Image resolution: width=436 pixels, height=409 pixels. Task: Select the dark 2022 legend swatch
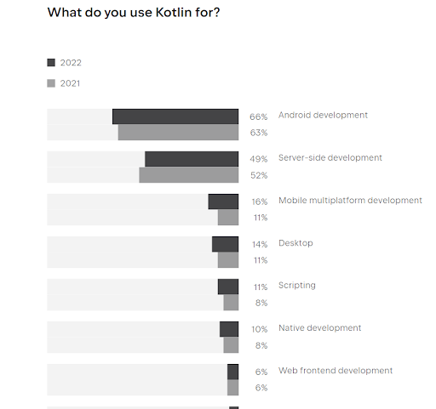[x=51, y=62]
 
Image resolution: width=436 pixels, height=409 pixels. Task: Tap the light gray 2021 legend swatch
[x=51, y=83]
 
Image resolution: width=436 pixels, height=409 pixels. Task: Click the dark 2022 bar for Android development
[x=175, y=116]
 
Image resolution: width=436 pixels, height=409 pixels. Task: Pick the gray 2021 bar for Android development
[x=178, y=133]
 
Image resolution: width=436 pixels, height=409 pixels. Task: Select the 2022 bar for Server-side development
[x=192, y=159]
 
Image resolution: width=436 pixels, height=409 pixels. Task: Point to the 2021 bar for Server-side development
[x=188, y=175]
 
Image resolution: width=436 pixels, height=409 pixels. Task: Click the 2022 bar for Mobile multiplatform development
[x=223, y=202]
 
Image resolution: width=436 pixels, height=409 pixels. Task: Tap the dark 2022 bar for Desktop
[x=225, y=244]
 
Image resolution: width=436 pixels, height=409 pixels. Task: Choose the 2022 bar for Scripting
[x=227, y=287]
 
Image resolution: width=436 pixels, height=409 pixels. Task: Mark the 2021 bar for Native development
[x=231, y=345]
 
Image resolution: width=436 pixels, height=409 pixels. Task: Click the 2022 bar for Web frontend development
[x=232, y=372]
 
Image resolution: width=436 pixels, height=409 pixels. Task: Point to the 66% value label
[x=259, y=116]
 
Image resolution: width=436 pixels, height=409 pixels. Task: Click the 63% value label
[x=259, y=133]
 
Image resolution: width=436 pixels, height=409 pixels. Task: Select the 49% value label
[x=259, y=159]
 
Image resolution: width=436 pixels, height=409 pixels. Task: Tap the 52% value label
[x=259, y=175]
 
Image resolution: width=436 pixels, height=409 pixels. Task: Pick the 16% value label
[x=260, y=202]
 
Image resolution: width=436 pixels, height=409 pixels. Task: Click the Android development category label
[x=323, y=115]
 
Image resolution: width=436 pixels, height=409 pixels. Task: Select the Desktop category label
[x=295, y=243]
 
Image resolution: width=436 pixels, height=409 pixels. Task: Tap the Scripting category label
[x=296, y=286]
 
